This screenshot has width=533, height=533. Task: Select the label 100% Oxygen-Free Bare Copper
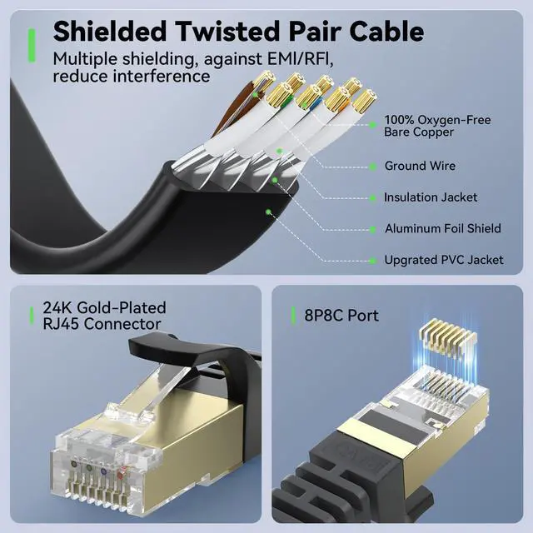(x=436, y=126)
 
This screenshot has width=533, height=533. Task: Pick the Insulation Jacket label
(x=431, y=197)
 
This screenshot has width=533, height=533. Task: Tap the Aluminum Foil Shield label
(x=442, y=228)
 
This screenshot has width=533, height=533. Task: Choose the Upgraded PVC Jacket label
(x=443, y=260)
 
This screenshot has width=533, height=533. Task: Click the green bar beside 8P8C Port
(x=293, y=316)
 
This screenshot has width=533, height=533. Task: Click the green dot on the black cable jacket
(x=268, y=212)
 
